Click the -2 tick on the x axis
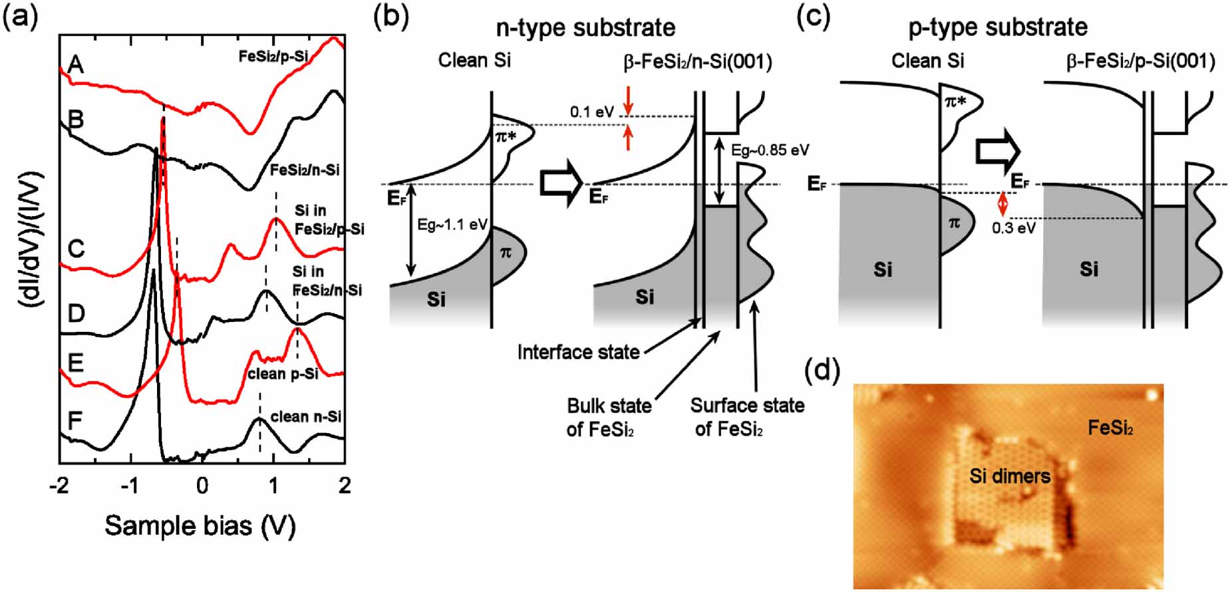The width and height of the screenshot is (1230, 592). click(x=59, y=486)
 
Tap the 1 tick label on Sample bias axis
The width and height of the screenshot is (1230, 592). click(x=273, y=486)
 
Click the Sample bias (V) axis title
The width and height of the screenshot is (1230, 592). click(x=200, y=526)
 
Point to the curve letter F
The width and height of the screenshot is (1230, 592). click(x=75, y=420)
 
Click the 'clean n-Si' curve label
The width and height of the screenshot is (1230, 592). click(x=305, y=417)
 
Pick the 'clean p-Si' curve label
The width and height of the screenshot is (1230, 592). click(x=283, y=374)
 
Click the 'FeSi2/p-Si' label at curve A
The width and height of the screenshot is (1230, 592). click(x=273, y=57)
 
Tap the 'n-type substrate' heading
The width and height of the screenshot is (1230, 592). click(x=585, y=28)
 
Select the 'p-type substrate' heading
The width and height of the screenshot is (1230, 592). click(x=998, y=28)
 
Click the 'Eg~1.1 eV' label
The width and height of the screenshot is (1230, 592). click(x=452, y=225)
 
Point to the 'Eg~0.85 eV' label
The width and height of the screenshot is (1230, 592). click(x=770, y=150)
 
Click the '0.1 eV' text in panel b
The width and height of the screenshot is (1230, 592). click(x=591, y=112)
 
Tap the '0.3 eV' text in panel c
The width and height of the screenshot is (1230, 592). click(x=1013, y=228)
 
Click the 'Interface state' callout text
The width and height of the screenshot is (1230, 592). click(x=578, y=352)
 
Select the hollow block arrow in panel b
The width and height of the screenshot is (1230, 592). click(x=561, y=184)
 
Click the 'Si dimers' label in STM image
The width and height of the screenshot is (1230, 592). click(x=1010, y=476)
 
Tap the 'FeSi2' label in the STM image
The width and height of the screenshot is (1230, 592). click(x=1110, y=428)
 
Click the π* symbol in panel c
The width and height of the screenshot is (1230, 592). click(x=956, y=102)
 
